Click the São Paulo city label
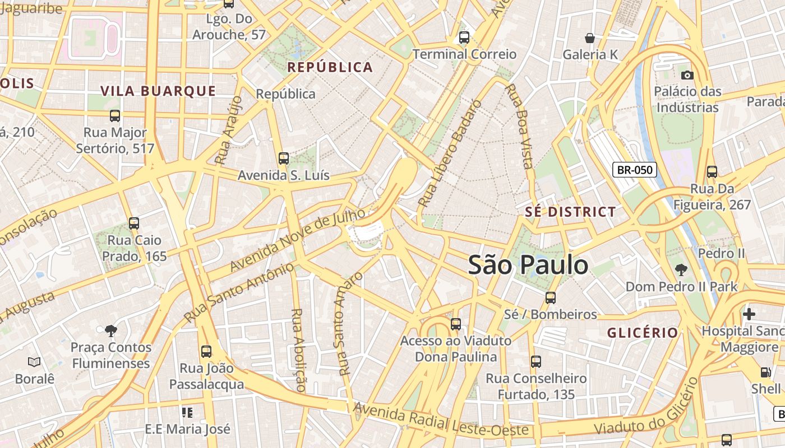[x=528, y=265]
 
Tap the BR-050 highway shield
[x=634, y=170]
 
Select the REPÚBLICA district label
[x=330, y=67]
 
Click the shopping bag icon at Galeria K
[x=590, y=38]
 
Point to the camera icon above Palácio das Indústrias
[x=687, y=75]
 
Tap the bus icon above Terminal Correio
[x=464, y=38]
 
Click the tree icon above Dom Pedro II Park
[x=681, y=270]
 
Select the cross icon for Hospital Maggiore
[x=749, y=314]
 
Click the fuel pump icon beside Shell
[x=765, y=372]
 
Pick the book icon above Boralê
[x=34, y=362]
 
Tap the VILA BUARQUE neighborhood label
[x=158, y=91]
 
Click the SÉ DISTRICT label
[x=570, y=212]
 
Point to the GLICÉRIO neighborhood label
[x=643, y=333]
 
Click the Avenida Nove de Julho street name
[x=297, y=240]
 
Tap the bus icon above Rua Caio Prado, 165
[x=133, y=223]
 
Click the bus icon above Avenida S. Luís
[x=283, y=158]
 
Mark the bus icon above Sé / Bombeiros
[x=550, y=297]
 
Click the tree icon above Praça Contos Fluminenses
[x=111, y=330]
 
